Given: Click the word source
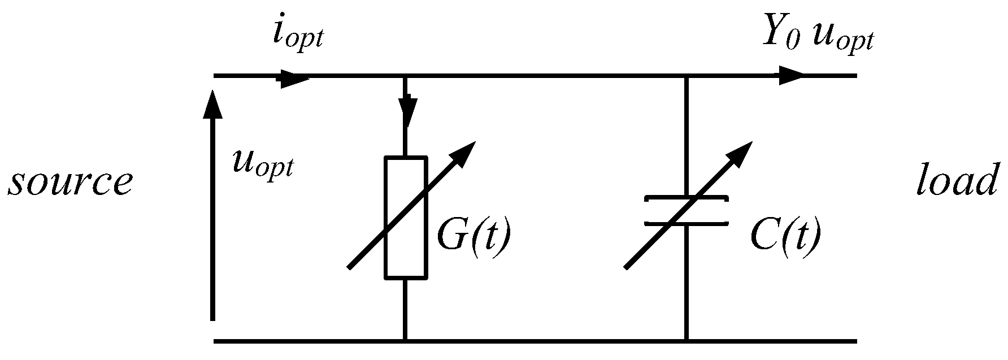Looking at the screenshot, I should pos(69,183).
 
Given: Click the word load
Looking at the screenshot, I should pos(955,183).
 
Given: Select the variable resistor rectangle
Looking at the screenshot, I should pos(405,218).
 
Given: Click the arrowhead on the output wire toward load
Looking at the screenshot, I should pos(791,75).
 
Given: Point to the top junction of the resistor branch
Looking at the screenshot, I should pos(405,75).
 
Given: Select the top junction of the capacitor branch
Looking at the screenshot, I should pos(686,75).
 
